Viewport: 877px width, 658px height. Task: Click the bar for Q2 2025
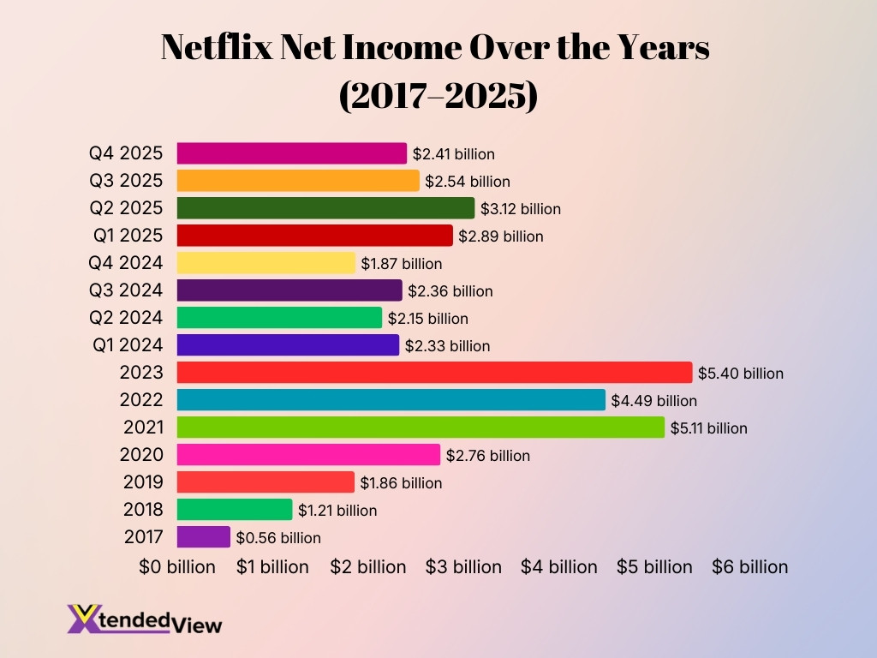coord(325,208)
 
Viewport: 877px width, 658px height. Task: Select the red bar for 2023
coord(434,373)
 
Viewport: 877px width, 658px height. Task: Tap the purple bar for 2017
coord(204,537)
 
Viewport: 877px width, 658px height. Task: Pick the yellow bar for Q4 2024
coord(265,263)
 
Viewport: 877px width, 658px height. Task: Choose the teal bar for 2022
coord(391,400)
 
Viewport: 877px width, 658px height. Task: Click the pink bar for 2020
coord(308,455)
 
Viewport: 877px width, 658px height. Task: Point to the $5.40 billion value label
coord(741,374)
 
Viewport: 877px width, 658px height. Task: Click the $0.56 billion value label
coord(278,538)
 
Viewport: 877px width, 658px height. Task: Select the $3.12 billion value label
coord(521,209)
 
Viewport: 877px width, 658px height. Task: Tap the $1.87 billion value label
coord(401,264)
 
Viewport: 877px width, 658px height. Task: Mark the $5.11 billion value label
coord(709,428)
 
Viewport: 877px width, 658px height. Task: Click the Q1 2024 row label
coord(126,345)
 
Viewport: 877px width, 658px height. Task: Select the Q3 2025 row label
coord(126,181)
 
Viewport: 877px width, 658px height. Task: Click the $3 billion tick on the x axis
coord(463,567)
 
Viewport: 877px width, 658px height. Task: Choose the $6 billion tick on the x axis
coord(749,567)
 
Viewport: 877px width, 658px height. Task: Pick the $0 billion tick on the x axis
coord(177,567)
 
